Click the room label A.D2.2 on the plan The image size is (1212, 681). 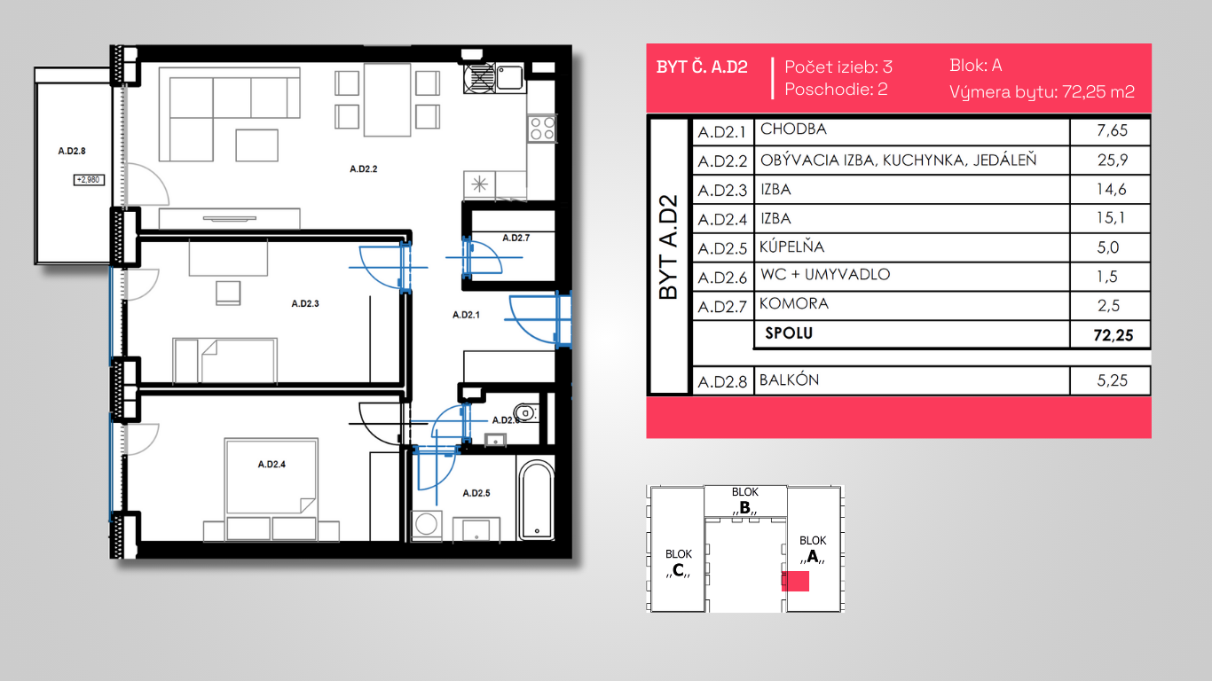tap(363, 169)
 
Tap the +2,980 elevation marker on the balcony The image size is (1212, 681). tap(89, 180)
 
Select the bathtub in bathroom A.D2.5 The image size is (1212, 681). tap(536, 500)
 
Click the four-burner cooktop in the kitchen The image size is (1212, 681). tap(541, 129)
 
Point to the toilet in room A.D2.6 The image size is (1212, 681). tap(525, 412)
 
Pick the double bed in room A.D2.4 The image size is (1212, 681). tap(272, 476)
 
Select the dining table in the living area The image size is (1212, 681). tap(387, 99)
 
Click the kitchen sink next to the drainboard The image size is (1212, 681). tap(509, 77)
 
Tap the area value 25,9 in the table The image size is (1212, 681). tap(1113, 160)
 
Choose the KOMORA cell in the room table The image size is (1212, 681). tap(794, 304)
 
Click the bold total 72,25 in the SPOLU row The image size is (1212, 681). tap(1113, 335)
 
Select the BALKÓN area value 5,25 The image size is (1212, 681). tap(1112, 380)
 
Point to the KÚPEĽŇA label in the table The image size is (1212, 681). tap(791, 247)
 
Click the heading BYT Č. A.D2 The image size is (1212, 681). tap(702, 67)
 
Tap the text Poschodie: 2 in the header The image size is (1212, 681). tap(836, 90)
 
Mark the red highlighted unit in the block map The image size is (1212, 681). tap(795, 581)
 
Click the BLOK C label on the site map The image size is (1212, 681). tap(679, 562)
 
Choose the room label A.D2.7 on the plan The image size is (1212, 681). tap(515, 238)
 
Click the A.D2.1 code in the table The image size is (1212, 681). tap(722, 132)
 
